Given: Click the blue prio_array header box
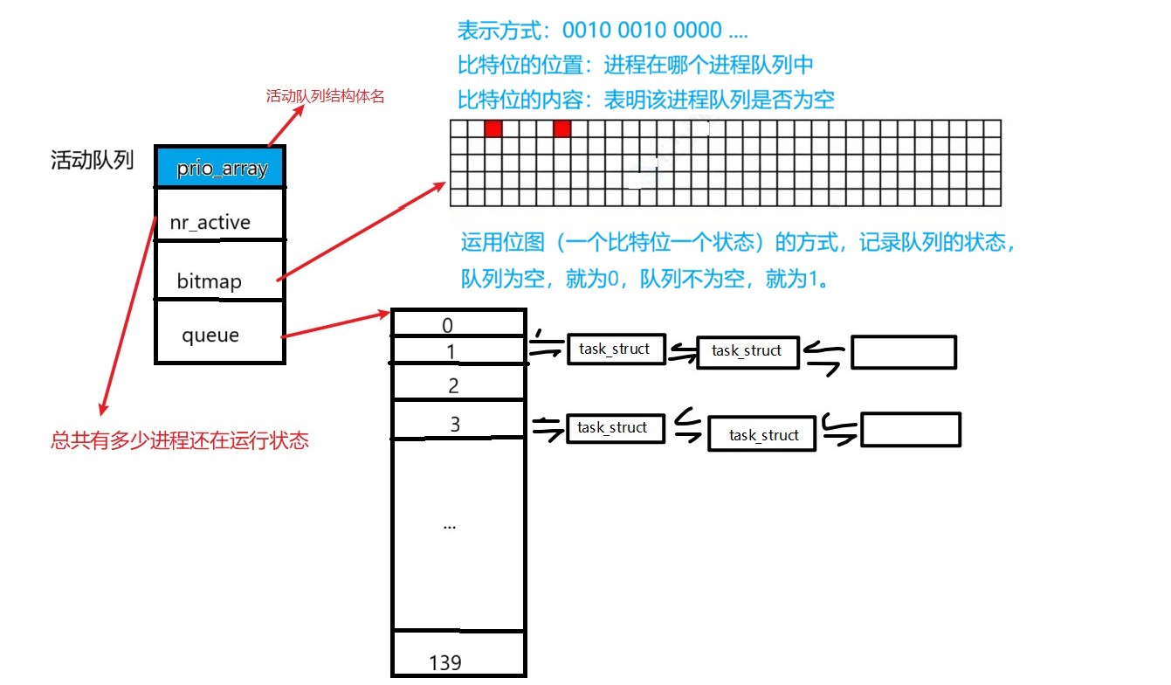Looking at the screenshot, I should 220,167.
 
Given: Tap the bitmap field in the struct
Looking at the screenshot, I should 220,271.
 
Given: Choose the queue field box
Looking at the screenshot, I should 220,332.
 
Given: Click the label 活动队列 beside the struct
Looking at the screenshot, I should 93,161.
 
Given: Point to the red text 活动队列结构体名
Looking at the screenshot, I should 325,96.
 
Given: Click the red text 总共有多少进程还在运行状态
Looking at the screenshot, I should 180,440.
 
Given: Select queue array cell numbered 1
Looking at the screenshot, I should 458,351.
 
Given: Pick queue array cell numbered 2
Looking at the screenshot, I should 458,384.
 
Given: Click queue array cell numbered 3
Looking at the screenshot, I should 458,422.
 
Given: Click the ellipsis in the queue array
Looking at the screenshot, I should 451,526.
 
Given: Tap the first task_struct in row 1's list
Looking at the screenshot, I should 615,349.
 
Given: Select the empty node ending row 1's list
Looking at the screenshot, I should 904,351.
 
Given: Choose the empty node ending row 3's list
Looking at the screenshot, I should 911,430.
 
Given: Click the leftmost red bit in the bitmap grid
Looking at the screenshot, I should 493,129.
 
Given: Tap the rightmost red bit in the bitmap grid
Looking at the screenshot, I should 561,129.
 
